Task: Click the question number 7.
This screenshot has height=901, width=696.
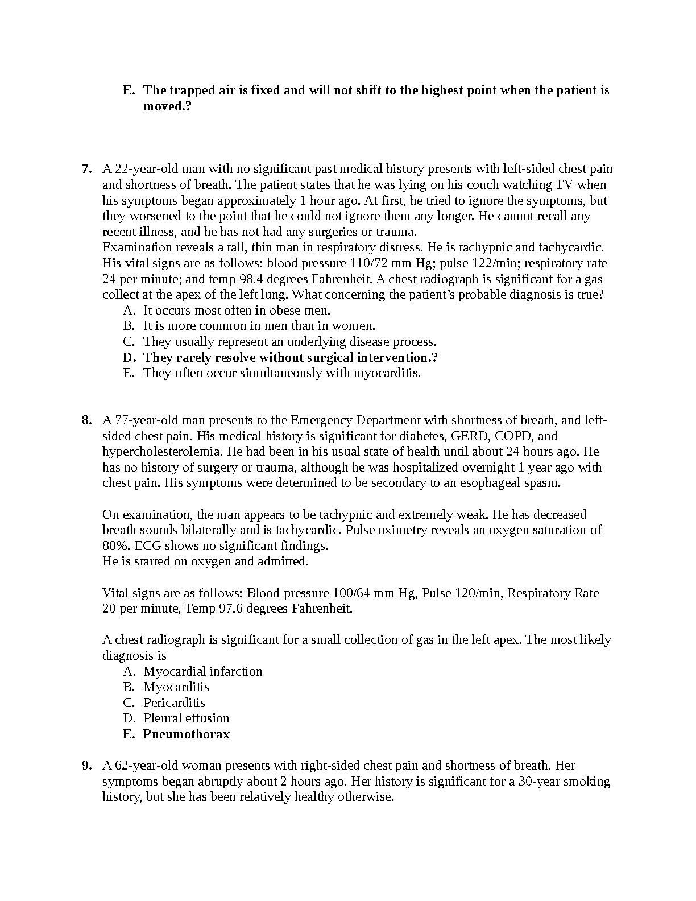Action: pos(86,169)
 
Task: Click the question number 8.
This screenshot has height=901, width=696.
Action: pos(86,420)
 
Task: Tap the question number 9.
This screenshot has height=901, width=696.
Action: pos(86,766)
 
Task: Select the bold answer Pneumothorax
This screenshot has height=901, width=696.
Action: pos(187,734)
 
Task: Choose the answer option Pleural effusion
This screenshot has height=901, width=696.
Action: pos(186,718)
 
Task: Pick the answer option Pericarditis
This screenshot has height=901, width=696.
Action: pos(174,703)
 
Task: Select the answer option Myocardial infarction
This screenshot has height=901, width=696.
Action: pos(202,672)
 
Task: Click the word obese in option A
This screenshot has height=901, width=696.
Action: pos(252,311)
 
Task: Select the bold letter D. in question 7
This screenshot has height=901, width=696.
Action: pos(130,358)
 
